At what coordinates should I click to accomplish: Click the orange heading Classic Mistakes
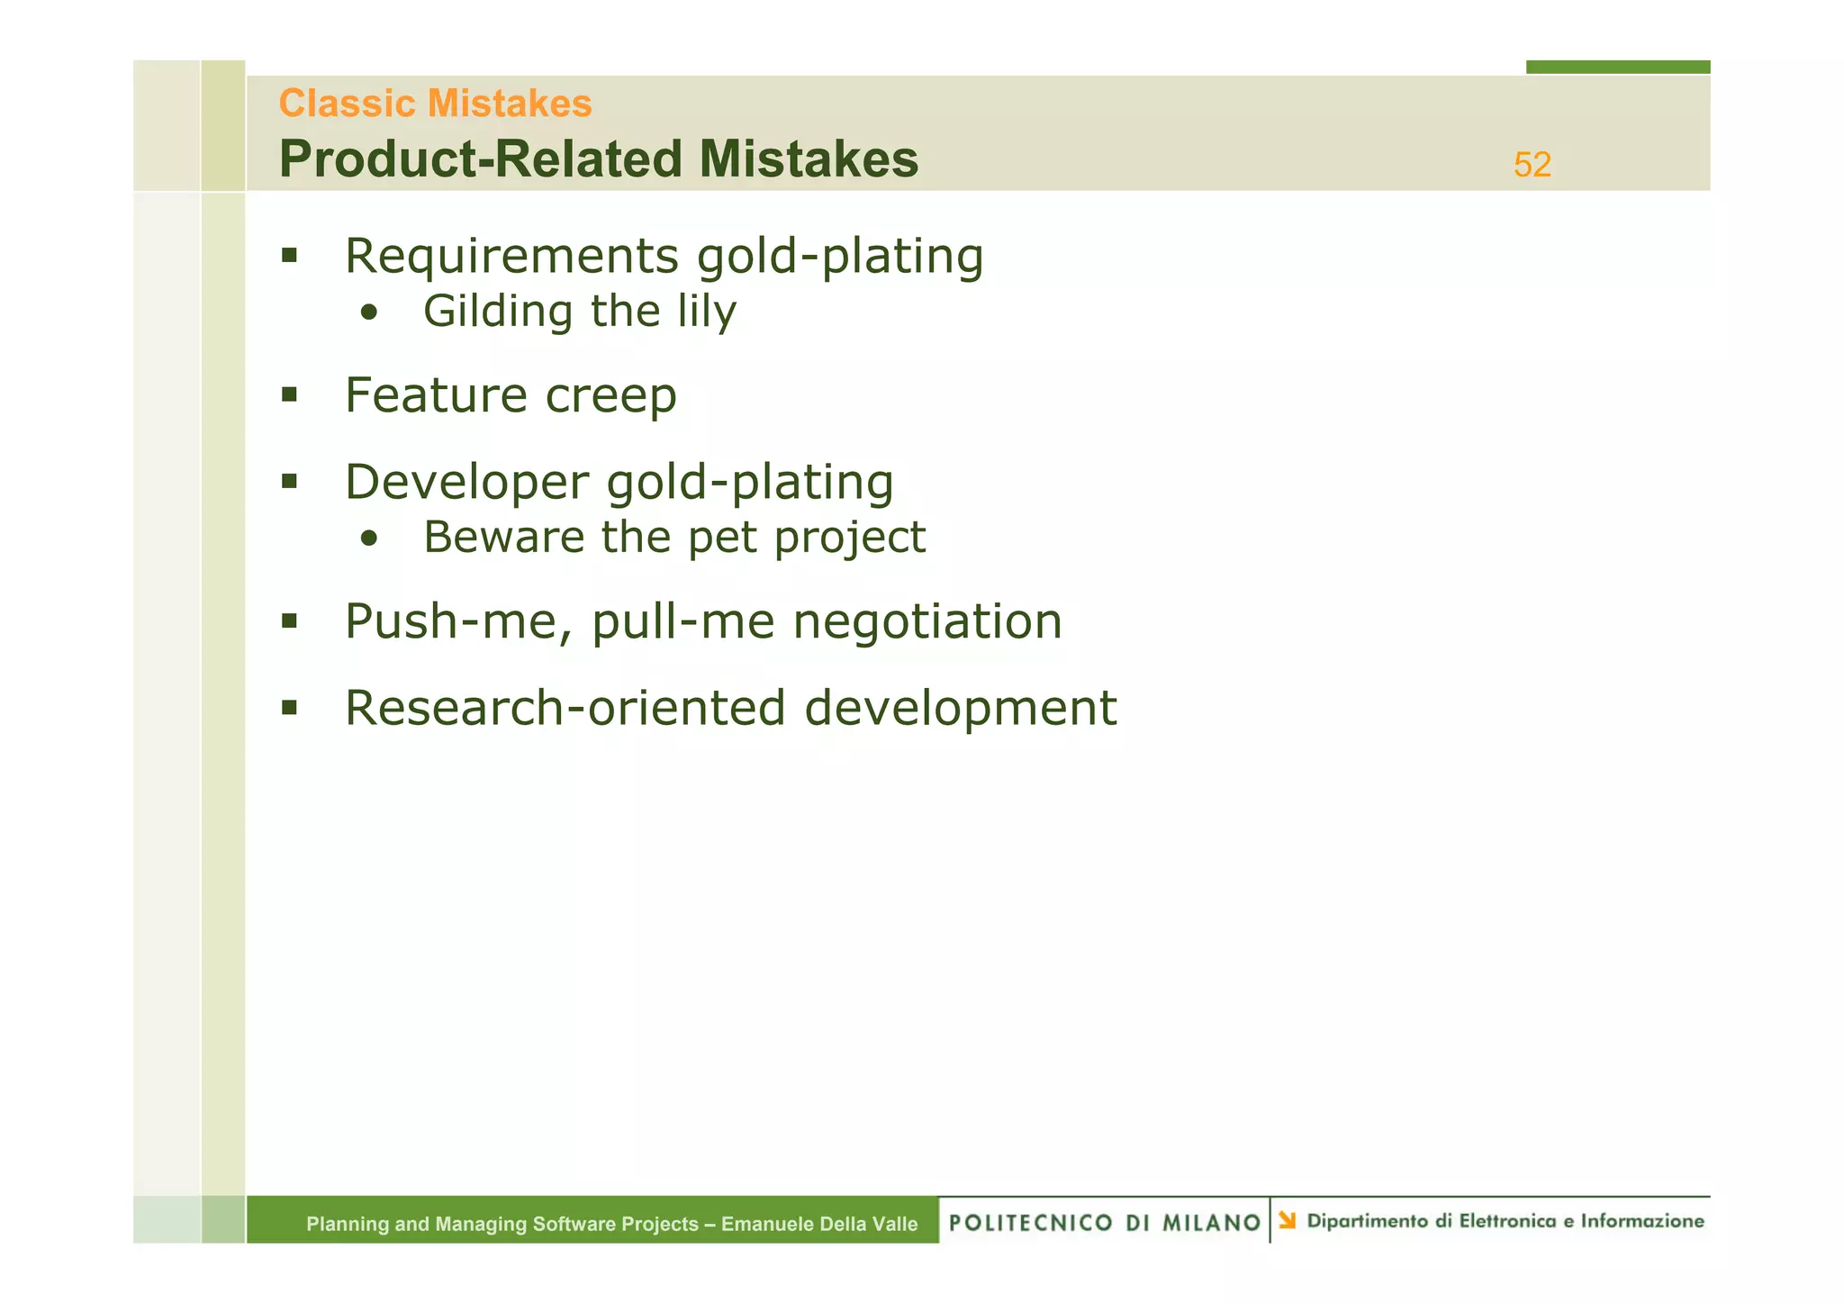[435, 104]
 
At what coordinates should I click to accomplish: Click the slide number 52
[1532, 165]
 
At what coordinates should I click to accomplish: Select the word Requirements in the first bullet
[511, 256]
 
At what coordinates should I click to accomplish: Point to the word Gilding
[498, 312]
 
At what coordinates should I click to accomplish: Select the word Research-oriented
[565, 708]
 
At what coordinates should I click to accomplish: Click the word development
[960, 709]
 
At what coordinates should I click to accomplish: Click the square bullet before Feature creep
[289, 394]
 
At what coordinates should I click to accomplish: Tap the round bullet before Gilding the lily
[368, 313]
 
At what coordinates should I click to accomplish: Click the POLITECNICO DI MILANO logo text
[1104, 1222]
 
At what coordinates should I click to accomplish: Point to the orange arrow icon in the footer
[1288, 1220]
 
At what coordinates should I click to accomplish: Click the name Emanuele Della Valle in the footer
[819, 1224]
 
